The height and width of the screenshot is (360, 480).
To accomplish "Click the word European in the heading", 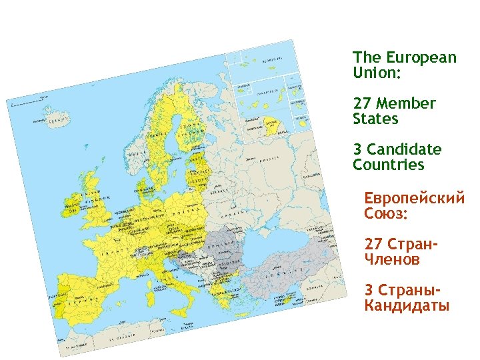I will point(423,57).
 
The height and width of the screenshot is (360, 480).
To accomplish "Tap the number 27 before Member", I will point(362,103).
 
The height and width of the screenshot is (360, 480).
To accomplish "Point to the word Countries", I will point(388,165).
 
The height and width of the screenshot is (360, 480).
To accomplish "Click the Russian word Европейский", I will point(414,199).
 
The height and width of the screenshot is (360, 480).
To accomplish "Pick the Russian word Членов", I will point(393,260).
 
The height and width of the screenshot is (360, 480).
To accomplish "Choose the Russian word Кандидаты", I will point(407,306).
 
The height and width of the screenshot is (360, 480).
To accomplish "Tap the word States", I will point(375,119).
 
